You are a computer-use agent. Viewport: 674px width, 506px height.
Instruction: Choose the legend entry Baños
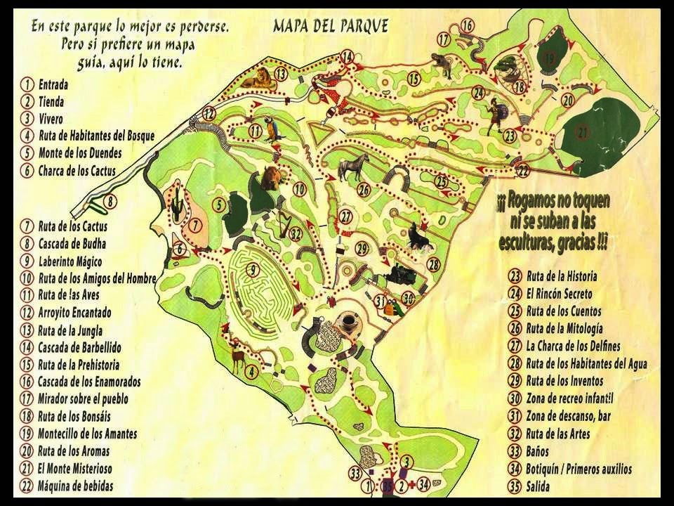(x=537, y=452)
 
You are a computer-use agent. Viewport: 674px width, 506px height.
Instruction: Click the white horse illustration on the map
(x=354, y=167)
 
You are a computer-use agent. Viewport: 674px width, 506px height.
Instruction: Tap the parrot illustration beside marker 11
(x=271, y=130)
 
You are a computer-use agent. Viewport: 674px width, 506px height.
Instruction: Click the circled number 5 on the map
(x=219, y=206)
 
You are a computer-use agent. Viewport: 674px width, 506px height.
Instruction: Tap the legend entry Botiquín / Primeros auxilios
(x=579, y=469)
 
